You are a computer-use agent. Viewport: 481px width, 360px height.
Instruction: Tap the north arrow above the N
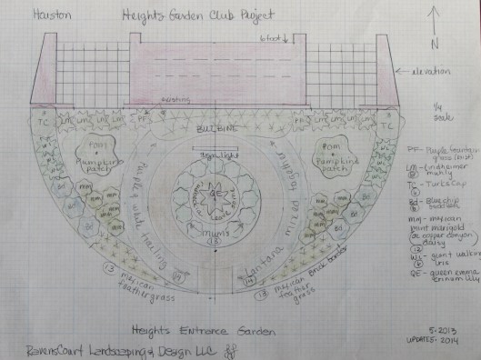[436, 20]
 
